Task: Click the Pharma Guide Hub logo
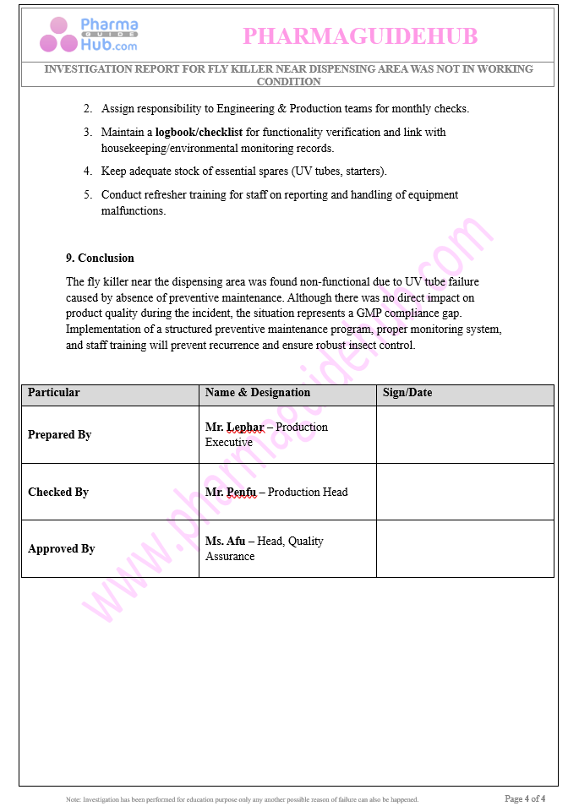(x=89, y=35)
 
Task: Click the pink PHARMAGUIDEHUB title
(x=360, y=36)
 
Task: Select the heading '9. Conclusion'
(x=100, y=258)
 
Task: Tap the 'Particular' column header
(x=54, y=393)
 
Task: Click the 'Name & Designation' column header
(x=257, y=393)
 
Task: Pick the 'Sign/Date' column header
(x=407, y=393)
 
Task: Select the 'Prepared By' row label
(x=59, y=435)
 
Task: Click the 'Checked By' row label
(x=58, y=493)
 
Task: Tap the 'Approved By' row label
(x=61, y=549)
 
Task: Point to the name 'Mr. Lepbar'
(x=235, y=428)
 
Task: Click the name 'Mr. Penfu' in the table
(x=231, y=493)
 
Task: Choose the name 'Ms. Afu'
(x=225, y=542)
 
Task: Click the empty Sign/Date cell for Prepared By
(x=465, y=435)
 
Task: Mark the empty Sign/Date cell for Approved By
(x=465, y=549)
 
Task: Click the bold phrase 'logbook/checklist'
(x=199, y=133)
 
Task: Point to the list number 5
(x=87, y=195)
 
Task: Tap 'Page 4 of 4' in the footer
(x=525, y=798)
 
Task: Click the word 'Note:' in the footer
(x=74, y=799)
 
